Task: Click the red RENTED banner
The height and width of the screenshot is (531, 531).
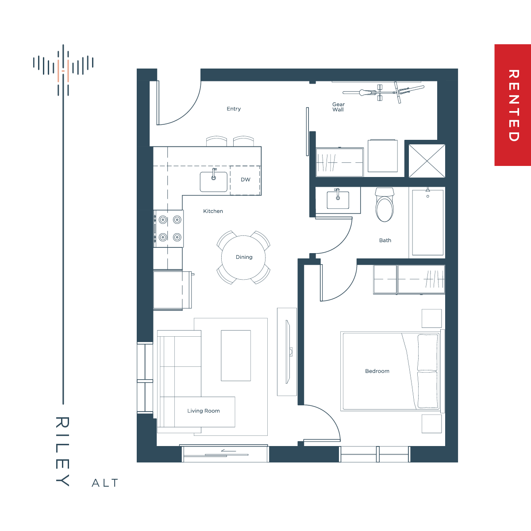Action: click(512, 105)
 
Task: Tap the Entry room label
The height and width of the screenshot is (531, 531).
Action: click(234, 109)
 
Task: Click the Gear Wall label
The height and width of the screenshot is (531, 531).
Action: click(339, 107)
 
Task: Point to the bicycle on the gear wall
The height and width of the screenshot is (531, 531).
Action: click(384, 92)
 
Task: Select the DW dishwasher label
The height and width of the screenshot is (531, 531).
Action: click(246, 180)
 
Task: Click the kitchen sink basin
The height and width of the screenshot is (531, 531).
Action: click(214, 182)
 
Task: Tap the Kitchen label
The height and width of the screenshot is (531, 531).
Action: click(213, 211)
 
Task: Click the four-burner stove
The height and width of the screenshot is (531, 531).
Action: click(169, 229)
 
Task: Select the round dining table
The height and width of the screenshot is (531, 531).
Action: click(243, 258)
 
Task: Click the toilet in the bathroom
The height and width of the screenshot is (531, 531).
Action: click(385, 205)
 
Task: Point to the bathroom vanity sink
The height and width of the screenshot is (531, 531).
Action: click(338, 200)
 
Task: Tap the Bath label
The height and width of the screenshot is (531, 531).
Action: click(385, 240)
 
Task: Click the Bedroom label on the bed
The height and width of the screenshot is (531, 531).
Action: click(377, 371)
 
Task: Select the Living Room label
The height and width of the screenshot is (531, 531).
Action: click(204, 411)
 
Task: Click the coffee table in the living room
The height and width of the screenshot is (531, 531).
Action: click(236, 355)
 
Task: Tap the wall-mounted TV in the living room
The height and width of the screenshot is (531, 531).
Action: click(288, 352)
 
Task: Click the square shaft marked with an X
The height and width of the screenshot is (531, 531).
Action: click(427, 161)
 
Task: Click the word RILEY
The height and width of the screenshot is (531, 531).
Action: click(62, 451)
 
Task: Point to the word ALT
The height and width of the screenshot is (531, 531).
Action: click(105, 483)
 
